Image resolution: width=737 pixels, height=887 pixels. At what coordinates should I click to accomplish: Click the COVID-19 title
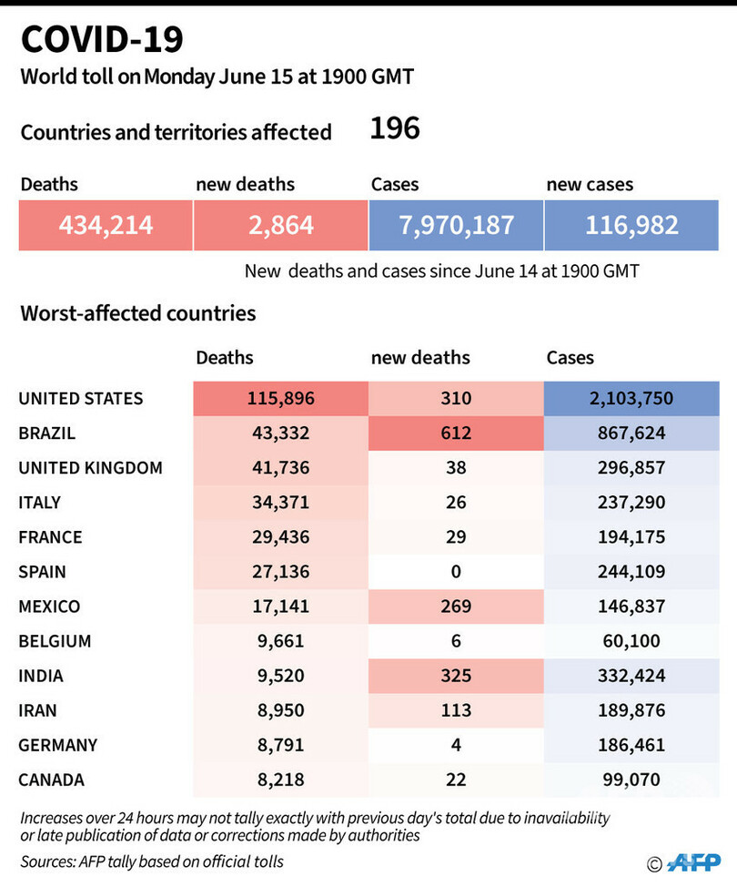point(101,39)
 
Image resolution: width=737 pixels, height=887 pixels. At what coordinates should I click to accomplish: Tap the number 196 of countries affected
point(395,128)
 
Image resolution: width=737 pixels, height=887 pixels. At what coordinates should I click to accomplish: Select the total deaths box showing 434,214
point(106,225)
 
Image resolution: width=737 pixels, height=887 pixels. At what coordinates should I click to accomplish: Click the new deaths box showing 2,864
point(280,225)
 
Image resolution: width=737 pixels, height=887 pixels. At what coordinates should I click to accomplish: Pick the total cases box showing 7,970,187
point(456,225)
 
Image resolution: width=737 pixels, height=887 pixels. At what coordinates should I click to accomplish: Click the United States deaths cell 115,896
point(279,398)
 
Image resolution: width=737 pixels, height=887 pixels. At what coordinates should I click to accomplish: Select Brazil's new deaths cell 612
point(456,433)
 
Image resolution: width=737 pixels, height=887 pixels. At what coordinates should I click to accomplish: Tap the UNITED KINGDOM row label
point(91,468)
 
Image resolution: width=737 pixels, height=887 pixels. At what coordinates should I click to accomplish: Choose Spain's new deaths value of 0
point(456,572)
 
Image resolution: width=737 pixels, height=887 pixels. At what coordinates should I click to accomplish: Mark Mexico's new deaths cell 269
point(456,607)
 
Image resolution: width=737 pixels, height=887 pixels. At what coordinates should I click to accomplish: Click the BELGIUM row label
point(56,641)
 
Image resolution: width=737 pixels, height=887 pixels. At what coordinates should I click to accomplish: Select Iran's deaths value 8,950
point(279,710)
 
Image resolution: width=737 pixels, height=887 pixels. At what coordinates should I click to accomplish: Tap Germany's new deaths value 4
point(456,745)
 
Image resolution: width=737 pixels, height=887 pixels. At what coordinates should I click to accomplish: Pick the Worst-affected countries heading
point(138,313)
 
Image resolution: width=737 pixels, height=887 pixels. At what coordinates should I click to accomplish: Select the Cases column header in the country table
point(570,358)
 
